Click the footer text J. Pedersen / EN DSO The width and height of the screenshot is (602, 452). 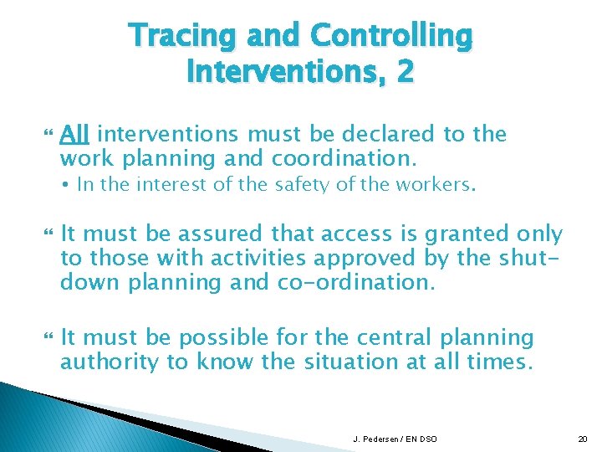(394, 439)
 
